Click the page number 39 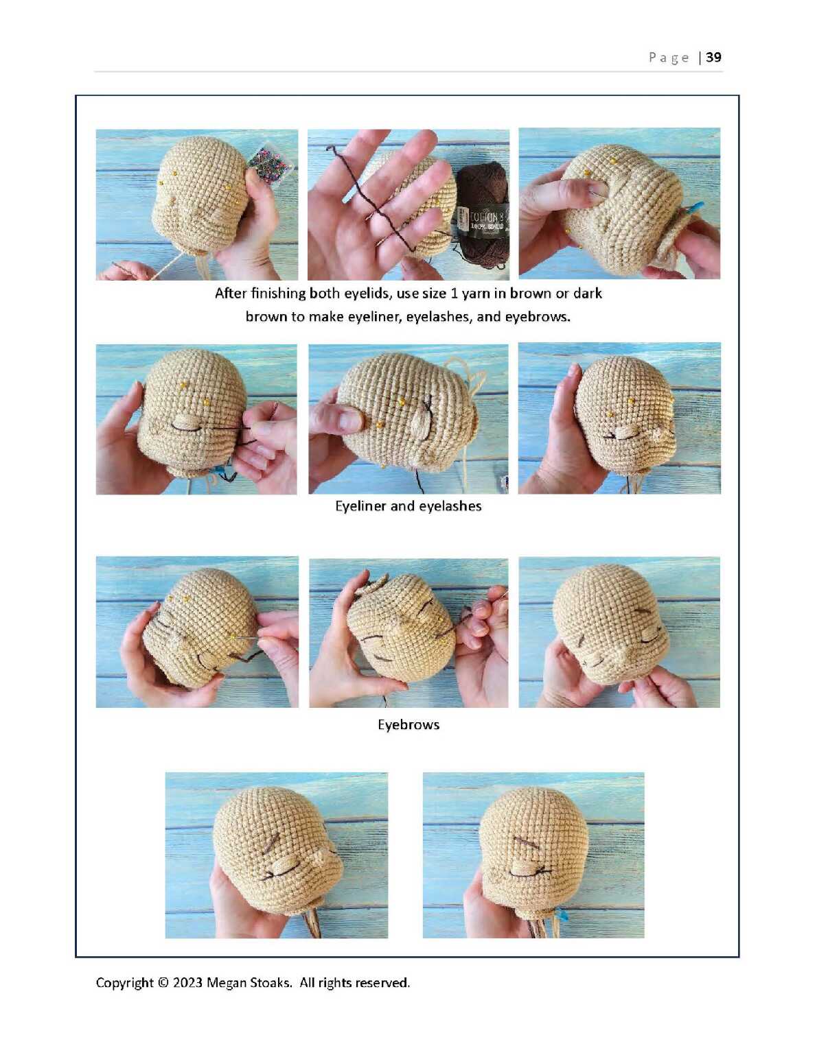click(713, 58)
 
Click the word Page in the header click(669, 58)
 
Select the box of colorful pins click(271, 162)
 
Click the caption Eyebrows click(408, 724)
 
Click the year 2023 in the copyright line click(187, 982)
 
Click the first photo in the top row click(197, 204)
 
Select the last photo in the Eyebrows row click(619, 632)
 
